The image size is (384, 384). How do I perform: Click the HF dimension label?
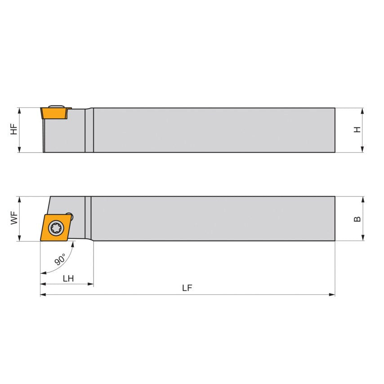coord(14,129)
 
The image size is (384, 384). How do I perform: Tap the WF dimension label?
coord(14,219)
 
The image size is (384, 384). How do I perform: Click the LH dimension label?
coord(68,278)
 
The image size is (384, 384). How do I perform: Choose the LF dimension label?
coord(187,289)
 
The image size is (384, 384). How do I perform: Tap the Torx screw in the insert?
coord(56,228)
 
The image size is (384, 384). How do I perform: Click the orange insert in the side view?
coord(54,113)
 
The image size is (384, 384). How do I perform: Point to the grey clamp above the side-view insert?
coord(56,106)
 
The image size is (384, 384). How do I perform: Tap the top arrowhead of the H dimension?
coord(362,110)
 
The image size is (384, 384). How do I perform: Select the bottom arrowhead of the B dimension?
coord(362,238)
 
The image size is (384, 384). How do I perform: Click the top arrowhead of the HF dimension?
coord(19,110)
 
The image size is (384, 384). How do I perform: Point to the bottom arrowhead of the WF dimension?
coord(19,238)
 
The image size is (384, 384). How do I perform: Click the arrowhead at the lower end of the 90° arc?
coord(43,273)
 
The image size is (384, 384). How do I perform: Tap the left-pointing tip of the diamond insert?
coord(40,240)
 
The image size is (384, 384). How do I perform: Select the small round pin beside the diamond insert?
coord(70,216)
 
